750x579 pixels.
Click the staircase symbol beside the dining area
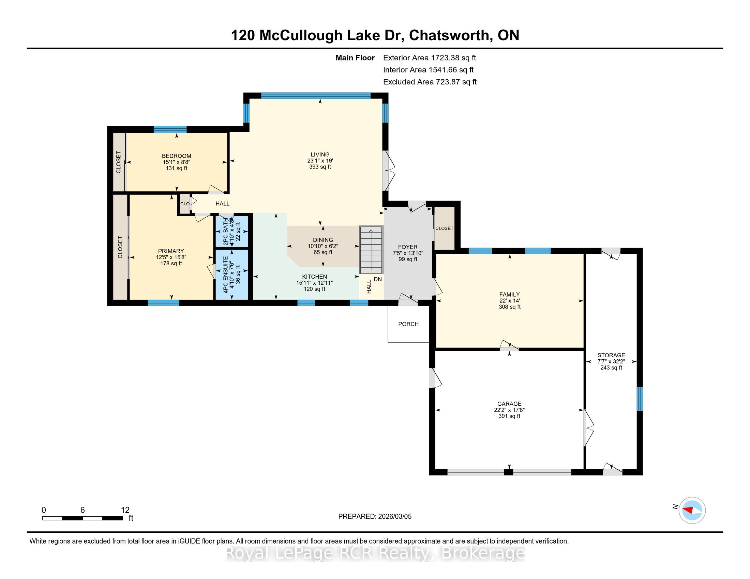point(371,250)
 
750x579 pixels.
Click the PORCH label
point(408,324)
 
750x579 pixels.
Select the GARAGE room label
point(509,404)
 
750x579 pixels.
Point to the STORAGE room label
point(611,355)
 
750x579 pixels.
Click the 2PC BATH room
point(232,231)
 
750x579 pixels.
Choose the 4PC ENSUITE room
point(232,275)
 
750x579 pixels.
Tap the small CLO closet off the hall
point(185,204)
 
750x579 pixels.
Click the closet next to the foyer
point(444,228)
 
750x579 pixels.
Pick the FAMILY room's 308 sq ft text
point(510,307)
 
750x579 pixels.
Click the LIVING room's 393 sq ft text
point(320,167)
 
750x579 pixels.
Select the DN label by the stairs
point(378,279)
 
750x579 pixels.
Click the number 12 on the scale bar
point(125,510)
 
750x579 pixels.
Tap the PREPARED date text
point(375,516)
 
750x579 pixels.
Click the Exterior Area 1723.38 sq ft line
point(430,58)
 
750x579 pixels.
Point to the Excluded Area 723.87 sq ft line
point(430,82)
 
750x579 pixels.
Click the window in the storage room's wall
point(640,398)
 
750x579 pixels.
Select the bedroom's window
point(170,129)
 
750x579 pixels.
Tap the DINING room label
point(323,240)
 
